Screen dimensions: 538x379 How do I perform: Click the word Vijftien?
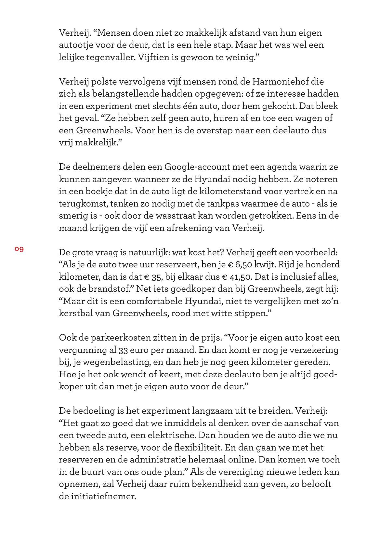click(x=152, y=57)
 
